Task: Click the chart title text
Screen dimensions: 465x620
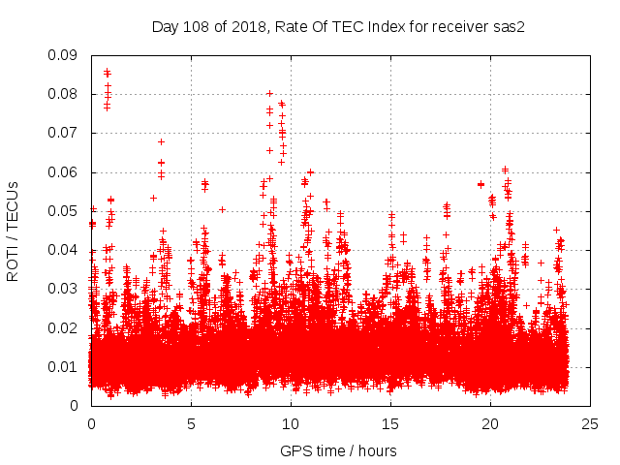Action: click(x=338, y=27)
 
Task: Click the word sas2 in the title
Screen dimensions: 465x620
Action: click(x=509, y=27)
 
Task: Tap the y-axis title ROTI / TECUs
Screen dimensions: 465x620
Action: click(x=13, y=231)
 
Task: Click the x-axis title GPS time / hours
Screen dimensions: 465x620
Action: click(x=338, y=450)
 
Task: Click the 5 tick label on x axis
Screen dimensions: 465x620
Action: click(x=191, y=423)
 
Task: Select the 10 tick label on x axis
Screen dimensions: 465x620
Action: click(x=291, y=423)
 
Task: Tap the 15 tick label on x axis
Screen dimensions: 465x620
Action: click(x=390, y=423)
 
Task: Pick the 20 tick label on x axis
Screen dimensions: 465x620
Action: click(x=490, y=423)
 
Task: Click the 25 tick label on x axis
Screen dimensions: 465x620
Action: click(x=590, y=423)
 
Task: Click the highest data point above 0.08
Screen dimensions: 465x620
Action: click(x=107, y=71)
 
